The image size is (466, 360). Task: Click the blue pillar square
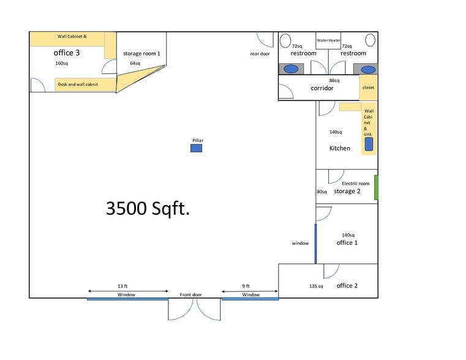[x=196, y=148]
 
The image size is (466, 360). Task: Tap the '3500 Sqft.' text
[x=148, y=208]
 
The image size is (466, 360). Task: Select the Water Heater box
[x=328, y=40]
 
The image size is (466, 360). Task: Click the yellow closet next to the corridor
[x=369, y=88]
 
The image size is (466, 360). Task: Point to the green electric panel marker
[x=376, y=187]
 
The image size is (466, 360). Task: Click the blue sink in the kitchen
[x=369, y=144]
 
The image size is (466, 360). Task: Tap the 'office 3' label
[x=67, y=53]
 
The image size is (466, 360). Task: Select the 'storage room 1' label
[x=141, y=53]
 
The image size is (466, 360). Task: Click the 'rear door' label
[x=260, y=54]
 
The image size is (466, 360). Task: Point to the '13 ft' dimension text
[x=122, y=286]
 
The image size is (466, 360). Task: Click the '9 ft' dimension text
[x=246, y=286]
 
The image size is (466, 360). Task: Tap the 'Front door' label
[x=191, y=294]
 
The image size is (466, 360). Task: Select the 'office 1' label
[x=347, y=242]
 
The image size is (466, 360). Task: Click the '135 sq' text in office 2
[x=316, y=286]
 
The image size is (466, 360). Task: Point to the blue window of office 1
[x=315, y=244]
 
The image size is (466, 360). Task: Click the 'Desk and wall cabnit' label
[x=78, y=84]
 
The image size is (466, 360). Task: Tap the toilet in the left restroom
[x=285, y=40]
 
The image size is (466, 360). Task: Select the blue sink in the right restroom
[x=368, y=70]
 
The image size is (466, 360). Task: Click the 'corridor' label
[x=322, y=88]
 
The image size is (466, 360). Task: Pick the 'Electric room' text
[x=356, y=184]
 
